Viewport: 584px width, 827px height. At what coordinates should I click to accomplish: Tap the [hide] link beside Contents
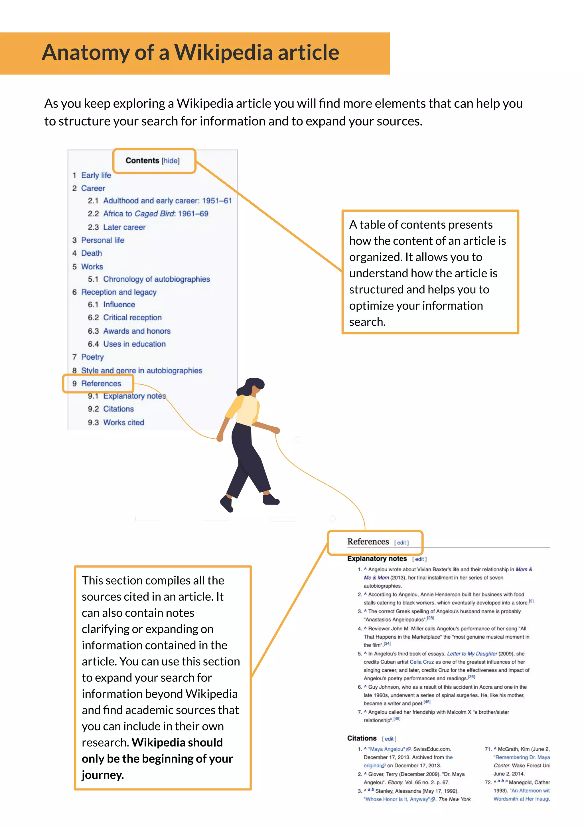click(170, 161)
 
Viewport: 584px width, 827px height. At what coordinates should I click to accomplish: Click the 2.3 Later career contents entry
click(124, 227)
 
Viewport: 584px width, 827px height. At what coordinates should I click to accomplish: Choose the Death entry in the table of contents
click(92, 253)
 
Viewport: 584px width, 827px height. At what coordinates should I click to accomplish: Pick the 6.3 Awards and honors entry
click(137, 331)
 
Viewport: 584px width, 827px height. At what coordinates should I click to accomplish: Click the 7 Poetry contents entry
click(92, 357)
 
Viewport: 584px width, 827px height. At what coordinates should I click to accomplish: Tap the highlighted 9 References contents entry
click(101, 384)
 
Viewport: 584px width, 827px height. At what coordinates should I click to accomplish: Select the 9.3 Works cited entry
click(123, 423)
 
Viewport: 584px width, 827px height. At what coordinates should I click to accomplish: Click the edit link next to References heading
click(401, 543)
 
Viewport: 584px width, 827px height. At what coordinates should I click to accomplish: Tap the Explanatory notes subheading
click(377, 559)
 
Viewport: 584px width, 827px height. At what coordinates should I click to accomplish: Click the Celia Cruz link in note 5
click(422, 662)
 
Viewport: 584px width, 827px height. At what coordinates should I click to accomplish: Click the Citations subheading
click(362, 739)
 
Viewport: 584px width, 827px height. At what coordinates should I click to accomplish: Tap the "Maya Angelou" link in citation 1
click(386, 749)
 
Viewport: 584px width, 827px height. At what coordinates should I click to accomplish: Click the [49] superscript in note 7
click(397, 719)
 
